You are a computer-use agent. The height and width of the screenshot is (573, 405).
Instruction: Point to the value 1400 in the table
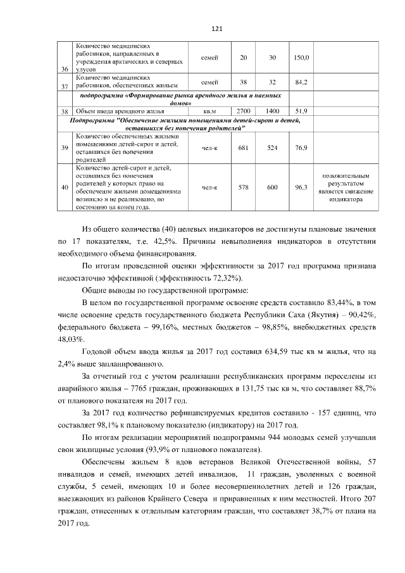click(x=273, y=111)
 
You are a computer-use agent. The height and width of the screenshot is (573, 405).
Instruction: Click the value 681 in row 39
click(x=244, y=148)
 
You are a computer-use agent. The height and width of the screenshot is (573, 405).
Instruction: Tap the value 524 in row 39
click(x=273, y=148)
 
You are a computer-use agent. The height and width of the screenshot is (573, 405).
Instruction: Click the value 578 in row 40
click(x=244, y=187)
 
